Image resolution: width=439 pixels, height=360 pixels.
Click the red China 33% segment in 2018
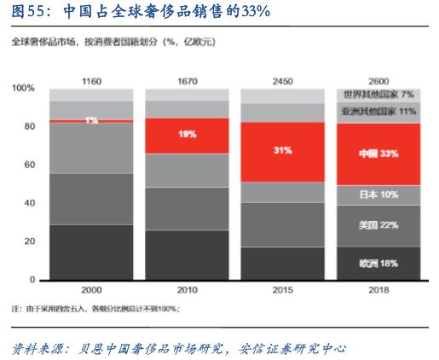(378, 154)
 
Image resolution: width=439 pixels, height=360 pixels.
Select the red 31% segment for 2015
(282, 151)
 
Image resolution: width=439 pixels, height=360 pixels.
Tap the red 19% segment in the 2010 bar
(187, 135)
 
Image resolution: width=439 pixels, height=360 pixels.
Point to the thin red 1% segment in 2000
(91, 121)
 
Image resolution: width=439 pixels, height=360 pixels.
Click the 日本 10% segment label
(378, 195)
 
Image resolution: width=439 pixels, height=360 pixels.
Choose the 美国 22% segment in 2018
(378, 225)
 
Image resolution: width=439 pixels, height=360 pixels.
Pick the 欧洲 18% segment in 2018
(378, 263)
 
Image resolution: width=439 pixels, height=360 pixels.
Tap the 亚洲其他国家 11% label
(378, 112)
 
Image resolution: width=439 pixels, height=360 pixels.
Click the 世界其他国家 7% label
(378, 95)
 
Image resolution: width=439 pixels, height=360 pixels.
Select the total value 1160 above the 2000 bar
(91, 80)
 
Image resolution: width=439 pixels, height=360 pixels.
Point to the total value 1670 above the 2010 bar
(187, 80)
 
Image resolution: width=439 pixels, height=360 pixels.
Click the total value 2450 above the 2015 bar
(282, 80)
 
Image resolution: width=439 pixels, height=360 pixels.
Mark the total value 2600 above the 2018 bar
(378, 80)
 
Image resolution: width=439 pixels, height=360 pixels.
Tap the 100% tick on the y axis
(23, 89)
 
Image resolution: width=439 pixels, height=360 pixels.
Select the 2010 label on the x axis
(187, 290)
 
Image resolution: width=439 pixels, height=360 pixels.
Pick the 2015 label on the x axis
(282, 290)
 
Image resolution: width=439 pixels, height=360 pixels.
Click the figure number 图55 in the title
(25, 11)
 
